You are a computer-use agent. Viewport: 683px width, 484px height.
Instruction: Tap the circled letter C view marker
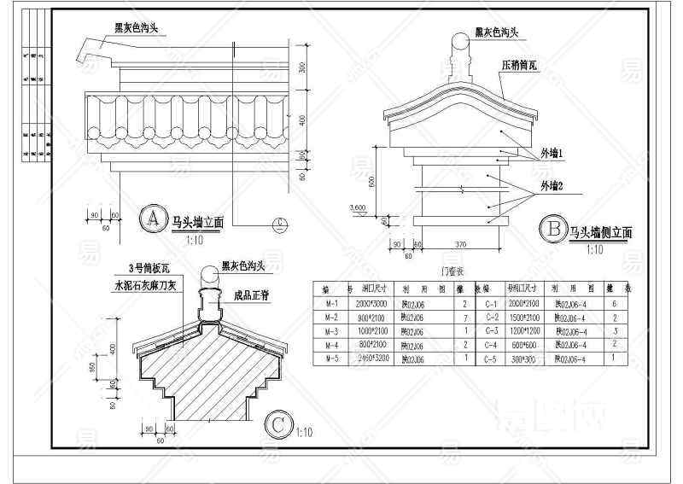278,424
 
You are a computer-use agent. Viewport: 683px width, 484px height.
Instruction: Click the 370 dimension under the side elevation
461,246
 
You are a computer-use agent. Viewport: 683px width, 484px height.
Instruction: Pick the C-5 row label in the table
491,359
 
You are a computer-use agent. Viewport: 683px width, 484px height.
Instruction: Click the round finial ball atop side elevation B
461,40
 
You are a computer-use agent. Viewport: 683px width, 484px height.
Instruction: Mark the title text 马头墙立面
197,222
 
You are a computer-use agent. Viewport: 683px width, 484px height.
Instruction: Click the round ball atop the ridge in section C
210,276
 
